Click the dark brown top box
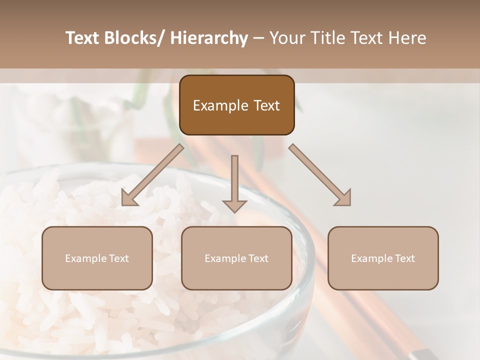coord(236,105)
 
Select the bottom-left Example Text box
coord(97,258)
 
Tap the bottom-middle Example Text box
coord(236,258)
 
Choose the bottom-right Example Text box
coord(383,258)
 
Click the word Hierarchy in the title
coord(209,38)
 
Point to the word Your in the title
coord(285,38)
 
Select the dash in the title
coord(258,38)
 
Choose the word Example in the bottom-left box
coord(85,258)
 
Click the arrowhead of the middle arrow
coord(234,205)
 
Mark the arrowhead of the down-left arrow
coord(129,198)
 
